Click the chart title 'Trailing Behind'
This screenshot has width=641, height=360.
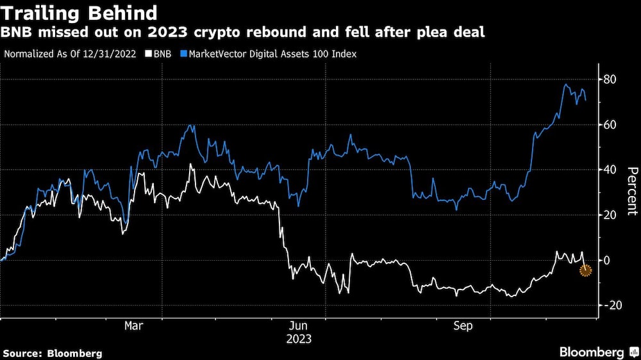80,13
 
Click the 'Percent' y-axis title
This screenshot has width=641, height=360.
631,190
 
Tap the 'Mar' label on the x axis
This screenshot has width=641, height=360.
133,326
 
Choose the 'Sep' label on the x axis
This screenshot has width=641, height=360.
463,326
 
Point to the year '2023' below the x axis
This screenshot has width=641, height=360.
299,339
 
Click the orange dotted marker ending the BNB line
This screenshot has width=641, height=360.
585,270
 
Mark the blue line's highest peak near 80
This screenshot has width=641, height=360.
565,85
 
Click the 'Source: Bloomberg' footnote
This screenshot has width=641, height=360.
53,353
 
